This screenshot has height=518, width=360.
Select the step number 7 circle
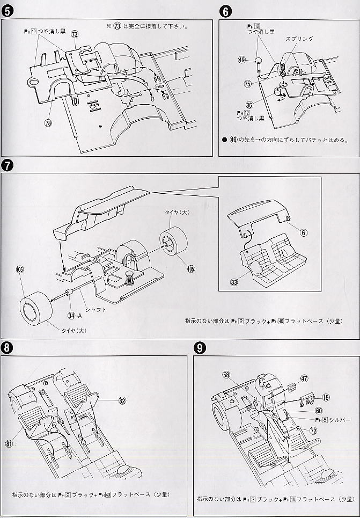[8, 165]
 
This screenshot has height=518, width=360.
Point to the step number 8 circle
[8, 347]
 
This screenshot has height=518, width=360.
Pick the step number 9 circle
[200, 348]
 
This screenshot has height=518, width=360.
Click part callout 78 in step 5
[48, 123]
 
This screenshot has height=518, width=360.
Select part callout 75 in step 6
[247, 84]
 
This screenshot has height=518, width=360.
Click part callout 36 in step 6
[249, 105]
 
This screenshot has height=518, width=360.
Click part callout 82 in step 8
[123, 400]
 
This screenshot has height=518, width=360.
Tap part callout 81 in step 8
[10, 443]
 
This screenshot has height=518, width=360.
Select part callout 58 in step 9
[226, 375]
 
